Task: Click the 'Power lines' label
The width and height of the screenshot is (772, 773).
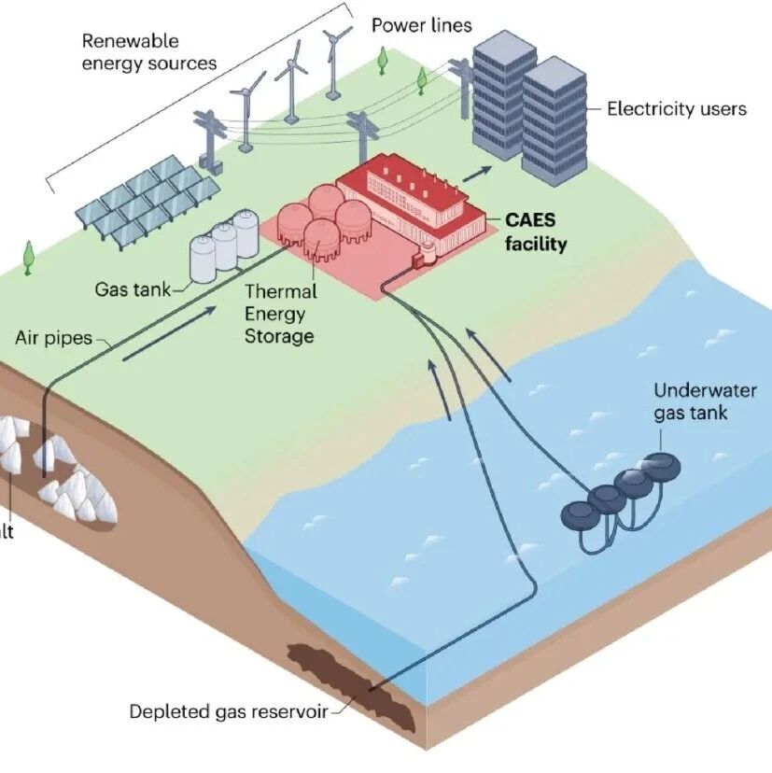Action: (421, 24)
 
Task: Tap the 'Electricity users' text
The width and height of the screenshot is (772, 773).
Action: (676, 108)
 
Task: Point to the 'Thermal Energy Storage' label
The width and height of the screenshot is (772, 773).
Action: (279, 314)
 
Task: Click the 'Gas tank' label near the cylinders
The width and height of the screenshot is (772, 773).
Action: (133, 289)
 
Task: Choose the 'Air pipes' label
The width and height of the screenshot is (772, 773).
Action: (53, 337)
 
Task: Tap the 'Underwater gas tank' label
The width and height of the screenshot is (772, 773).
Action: (691, 401)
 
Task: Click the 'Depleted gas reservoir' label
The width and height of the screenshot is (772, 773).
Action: (229, 712)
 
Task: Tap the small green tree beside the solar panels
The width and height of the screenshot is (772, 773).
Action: (28, 256)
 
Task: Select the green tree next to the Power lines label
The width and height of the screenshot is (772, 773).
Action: (382, 60)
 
